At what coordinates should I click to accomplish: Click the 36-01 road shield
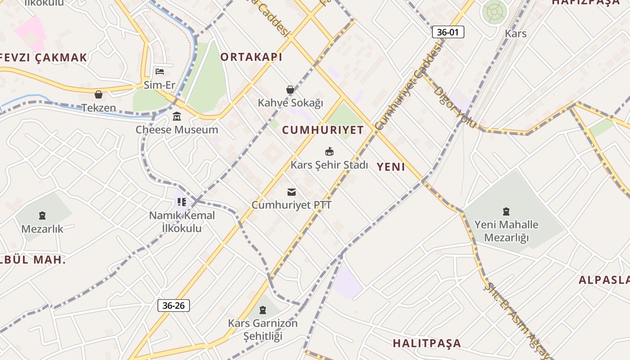click(x=448, y=32)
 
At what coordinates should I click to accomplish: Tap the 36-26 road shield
click(x=174, y=306)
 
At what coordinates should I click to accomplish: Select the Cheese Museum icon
click(x=177, y=117)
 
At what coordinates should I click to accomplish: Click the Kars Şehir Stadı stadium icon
click(x=329, y=152)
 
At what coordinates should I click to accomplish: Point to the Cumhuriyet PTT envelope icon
click(x=292, y=192)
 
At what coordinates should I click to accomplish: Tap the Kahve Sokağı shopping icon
click(x=290, y=90)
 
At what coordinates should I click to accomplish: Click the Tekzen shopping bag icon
click(x=99, y=94)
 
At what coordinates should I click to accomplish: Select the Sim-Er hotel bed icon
click(x=160, y=71)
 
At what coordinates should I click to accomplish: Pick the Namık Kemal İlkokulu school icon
click(x=182, y=202)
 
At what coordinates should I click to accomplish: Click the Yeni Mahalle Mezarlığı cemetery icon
click(x=506, y=211)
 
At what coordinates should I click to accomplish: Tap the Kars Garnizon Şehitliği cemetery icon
click(x=263, y=310)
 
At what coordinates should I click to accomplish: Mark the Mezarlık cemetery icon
click(x=42, y=216)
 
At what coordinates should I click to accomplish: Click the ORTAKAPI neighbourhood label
click(x=251, y=57)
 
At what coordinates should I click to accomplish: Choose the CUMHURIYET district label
click(x=323, y=130)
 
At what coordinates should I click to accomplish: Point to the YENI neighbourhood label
click(x=391, y=167)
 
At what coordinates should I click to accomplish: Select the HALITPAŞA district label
click(x=427, y=343)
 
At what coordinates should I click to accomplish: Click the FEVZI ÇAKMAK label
click(x=44, y=58)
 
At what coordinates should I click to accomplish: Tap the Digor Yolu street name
click(x=454, y=107)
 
